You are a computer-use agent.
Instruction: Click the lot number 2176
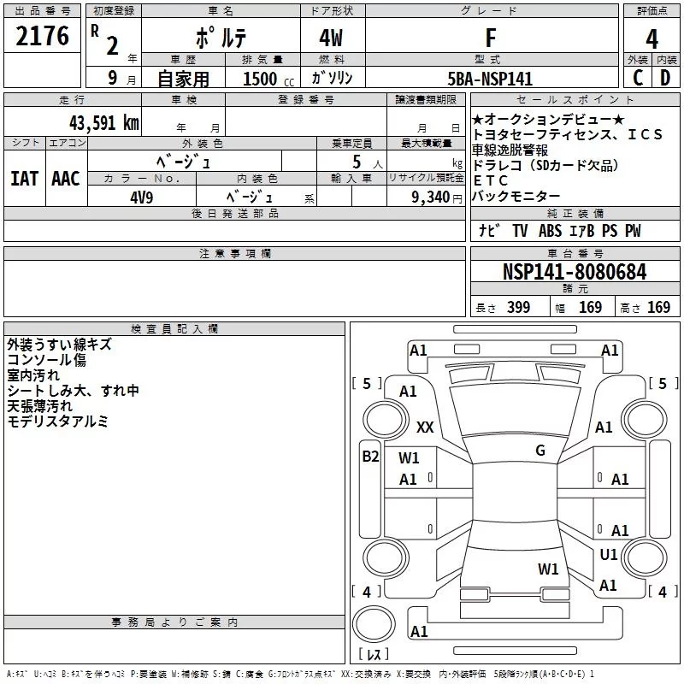[43, 37]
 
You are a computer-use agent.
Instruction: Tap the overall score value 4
[652, 38]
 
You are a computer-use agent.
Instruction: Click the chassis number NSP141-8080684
[574, 272]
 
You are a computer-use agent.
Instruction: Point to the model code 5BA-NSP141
[491, 79]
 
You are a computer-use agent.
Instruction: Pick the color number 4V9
[142, 197]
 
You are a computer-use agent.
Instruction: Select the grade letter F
[490, 38]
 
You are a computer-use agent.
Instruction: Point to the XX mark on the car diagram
[425, 426]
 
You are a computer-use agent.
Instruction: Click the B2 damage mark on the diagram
[369, 457]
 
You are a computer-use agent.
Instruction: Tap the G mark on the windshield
[540, 450]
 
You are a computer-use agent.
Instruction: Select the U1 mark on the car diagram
[608, 555]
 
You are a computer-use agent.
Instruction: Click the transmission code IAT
[24, 178]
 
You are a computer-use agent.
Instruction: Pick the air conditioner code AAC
[66, 178]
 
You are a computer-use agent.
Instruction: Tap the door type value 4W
[331, 38]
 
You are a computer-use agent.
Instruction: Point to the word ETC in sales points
[490, 180]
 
